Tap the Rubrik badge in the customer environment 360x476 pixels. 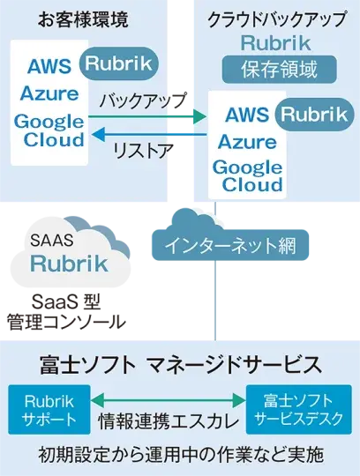(x=119, y=62)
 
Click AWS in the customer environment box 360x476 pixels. (x=50, y=66)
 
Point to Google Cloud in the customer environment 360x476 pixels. (x=49, y=130)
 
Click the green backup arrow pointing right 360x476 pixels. (x=146, y=114)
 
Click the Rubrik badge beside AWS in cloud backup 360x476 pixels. (x=315, y=112)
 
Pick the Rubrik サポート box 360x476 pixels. (x=42, y=408)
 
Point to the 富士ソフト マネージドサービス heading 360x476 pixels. (x=180, y=364)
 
